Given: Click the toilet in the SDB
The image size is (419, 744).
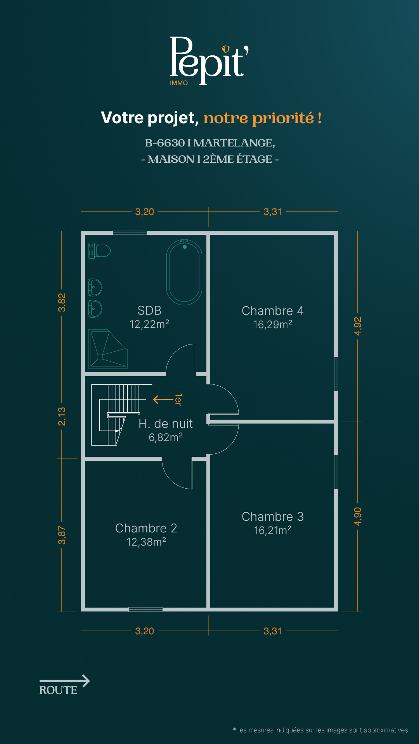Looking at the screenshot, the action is point(99,251).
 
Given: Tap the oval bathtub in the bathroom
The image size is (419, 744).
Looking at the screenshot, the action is point(184,272).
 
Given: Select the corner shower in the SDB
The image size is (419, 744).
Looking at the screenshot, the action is point(108,349).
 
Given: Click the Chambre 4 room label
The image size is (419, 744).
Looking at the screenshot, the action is point(272,311).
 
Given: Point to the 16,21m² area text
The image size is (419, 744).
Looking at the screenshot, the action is point(273,530).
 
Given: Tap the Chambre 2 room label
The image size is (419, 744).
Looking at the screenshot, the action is point(146,528).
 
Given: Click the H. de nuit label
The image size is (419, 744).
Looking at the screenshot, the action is point(166,424).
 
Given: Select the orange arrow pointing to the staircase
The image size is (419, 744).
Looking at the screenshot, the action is point(163,399).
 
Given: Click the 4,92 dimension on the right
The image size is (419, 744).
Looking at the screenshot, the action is point(358,326).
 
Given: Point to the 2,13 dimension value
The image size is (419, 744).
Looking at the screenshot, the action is point(62,417).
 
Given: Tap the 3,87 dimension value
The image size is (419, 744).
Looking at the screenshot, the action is point(62,535).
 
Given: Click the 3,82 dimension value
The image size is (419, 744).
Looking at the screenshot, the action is point(62,303).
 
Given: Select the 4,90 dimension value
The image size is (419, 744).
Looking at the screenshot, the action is point(358,517).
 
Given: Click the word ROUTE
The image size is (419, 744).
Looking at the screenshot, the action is point(58,690).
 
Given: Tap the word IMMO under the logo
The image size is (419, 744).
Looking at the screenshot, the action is point(179,83).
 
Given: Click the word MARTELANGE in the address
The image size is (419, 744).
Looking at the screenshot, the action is point(234,143).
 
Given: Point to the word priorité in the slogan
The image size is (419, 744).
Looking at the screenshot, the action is point(283,118).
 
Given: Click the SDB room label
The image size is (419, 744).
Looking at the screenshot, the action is point(149,310).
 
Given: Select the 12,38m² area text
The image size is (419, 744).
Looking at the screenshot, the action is point(146,542).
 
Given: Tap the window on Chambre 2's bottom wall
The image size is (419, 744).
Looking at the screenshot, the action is point(145,610).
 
